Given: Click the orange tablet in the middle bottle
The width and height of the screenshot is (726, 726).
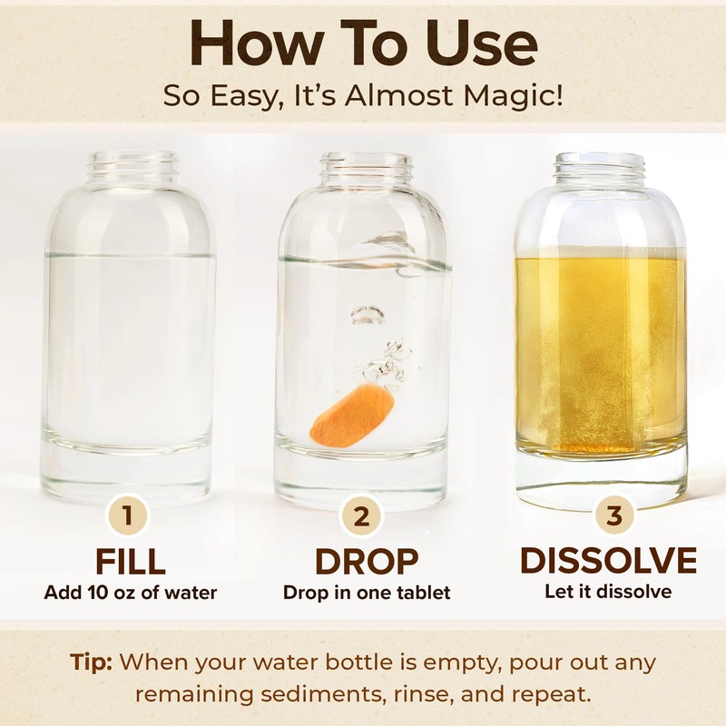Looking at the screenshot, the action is (x=352, y=415).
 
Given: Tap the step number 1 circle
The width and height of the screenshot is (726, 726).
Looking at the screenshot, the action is (x=127, y=515).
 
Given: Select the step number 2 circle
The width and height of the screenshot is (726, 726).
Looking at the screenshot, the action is (x=361, y=515).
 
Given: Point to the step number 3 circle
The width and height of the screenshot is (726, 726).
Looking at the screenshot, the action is (x=614, y=515).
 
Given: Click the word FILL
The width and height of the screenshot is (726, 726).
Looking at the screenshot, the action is (x=130, y=561).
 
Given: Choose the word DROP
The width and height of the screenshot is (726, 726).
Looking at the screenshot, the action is (x=367, y=561).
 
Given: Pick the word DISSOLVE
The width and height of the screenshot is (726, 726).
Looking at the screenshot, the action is (x=608, y=560).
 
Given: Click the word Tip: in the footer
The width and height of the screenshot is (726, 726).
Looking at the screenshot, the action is (x=91, y=662).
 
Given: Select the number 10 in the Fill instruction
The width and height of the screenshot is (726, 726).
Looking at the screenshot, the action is (x=100, y=593).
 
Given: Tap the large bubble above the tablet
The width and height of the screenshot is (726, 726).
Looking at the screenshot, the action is (x=368, y=315).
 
